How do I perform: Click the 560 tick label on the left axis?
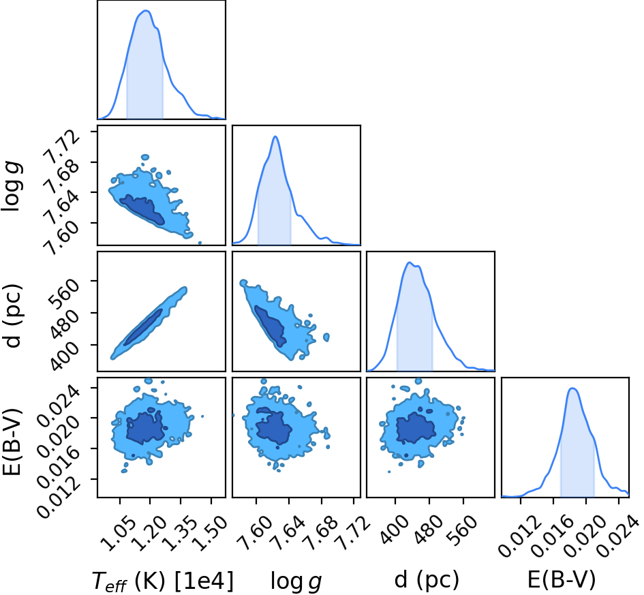click(x=64, y=292)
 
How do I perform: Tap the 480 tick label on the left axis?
click(x=64, y=324)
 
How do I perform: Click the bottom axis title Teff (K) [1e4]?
click(x=163, y=581)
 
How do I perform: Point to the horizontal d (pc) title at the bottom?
click(x=427, y=580)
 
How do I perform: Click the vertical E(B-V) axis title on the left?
click(x=12, y=442)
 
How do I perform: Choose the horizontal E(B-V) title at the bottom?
click(x=562, y=580)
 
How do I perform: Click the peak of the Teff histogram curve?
click(x=145, y=11)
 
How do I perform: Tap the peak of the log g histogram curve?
click(x=275, y=136)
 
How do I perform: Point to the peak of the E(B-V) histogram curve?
click(x=572, y=388)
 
